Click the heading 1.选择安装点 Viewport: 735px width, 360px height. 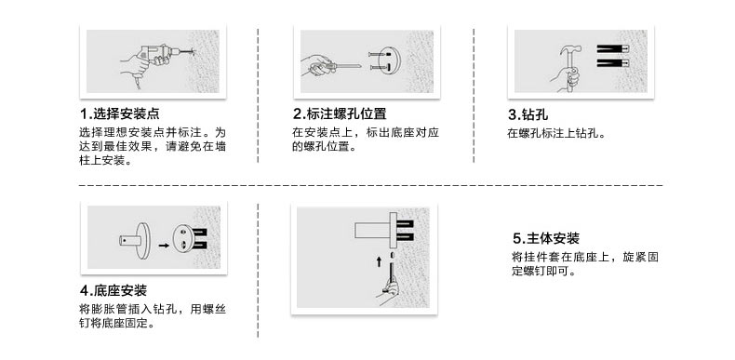119,113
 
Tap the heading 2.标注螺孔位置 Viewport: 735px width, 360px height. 340,113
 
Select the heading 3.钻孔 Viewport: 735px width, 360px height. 528,114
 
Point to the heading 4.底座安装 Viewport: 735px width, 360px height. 113,290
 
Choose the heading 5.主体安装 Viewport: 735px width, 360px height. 546,238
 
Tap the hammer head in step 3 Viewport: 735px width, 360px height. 571,49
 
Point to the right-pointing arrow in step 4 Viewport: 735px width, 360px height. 163,246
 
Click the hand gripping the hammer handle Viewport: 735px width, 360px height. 571,77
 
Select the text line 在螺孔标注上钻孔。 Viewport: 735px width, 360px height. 556,134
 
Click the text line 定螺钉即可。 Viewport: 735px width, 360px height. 543,272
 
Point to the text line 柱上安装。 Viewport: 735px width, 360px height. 105,161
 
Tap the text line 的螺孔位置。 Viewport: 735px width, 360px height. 324,146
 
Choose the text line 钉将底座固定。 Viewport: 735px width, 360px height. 117,323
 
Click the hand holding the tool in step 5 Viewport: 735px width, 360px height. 389,291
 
